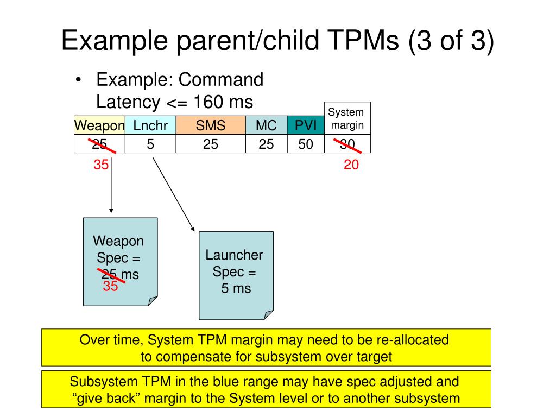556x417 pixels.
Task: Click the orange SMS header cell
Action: (211, 126)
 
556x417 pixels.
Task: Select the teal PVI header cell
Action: (306, 126)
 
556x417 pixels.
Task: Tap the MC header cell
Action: (266, 126)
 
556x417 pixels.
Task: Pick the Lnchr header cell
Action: (150, 126)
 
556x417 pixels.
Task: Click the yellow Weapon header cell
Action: (99, 126)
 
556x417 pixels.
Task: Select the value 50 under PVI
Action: (306, 144)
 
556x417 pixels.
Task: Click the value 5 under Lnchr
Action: (150, 144)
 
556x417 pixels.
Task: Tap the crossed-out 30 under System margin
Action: (347, 144)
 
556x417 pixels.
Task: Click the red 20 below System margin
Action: (351, 165)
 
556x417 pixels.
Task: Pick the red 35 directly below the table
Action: (101, 165)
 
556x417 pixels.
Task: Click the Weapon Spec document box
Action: (120, 261)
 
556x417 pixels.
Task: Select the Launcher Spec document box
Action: (236, 275)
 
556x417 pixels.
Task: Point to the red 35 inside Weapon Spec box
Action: (110, 286)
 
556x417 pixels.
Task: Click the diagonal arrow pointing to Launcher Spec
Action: (173, 192)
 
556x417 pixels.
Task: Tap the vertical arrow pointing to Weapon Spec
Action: (111, 187)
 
